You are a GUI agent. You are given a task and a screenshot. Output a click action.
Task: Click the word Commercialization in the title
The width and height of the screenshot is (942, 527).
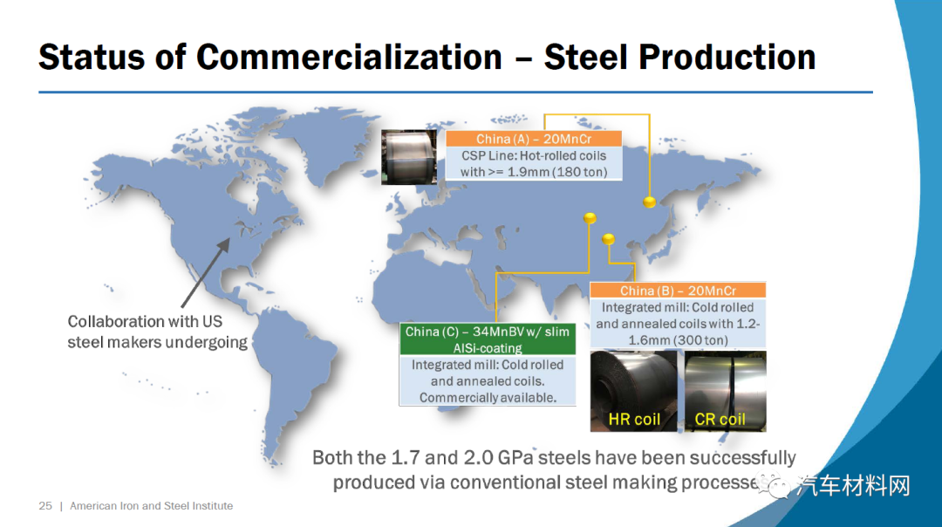(349, 58)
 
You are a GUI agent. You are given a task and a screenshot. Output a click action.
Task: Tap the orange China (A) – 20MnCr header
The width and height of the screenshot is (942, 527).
(534, 139)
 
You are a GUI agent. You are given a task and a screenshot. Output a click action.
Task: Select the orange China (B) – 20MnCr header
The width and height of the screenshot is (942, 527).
(678, 291)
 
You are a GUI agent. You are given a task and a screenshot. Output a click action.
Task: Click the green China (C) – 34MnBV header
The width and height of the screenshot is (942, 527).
(488, 339)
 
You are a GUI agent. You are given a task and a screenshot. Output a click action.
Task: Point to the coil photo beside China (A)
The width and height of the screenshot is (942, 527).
(409, 157)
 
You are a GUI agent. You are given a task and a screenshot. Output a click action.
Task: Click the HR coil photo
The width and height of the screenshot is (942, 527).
(634, 391)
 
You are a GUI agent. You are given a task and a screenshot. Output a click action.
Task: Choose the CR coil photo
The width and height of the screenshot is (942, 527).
(726, 391)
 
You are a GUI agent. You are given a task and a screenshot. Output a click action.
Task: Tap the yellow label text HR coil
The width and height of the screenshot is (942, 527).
(634, 420)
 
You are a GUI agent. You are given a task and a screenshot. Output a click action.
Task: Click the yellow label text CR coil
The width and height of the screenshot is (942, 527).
(720, 420)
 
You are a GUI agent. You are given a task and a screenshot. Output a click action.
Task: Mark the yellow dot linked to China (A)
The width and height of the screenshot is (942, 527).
(650, 202)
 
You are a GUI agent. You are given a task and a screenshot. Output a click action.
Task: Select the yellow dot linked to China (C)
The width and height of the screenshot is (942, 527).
(590, 217)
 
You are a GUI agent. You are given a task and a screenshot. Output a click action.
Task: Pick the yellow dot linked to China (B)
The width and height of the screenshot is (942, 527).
(608, 239)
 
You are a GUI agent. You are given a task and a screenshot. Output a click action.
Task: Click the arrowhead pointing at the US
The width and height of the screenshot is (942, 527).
(224, 244)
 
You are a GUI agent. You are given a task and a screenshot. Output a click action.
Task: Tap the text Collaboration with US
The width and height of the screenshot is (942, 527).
(145, 321)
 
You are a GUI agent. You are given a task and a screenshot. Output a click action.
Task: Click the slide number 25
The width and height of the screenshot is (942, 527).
(45, 506)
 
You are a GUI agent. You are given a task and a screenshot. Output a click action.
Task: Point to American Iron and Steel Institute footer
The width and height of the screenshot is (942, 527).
(152, 506)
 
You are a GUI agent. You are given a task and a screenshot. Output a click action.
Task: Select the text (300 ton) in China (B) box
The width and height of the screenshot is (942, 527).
(700, 340)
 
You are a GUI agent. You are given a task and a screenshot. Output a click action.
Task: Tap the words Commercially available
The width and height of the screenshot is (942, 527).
(488, 398)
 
